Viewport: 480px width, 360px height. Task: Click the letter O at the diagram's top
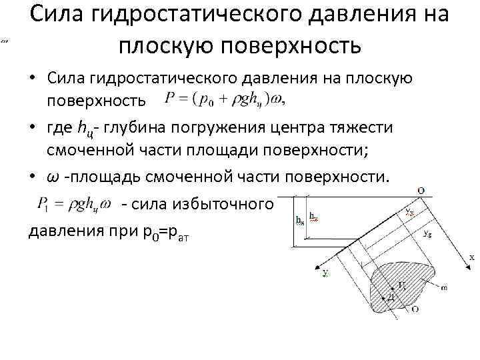[422, 190]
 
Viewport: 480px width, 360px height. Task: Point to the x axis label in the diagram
[471, 257]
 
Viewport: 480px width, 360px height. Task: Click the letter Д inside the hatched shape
[391, 298]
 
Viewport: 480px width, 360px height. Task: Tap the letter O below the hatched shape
[415, 309]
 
